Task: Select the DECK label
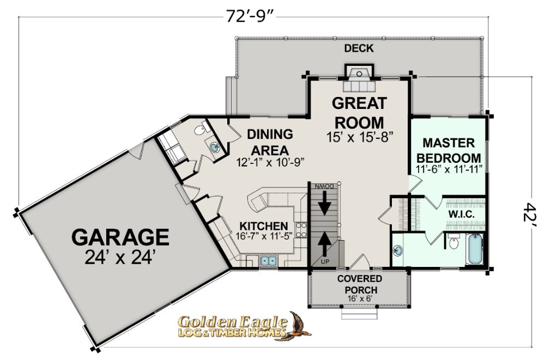tap(359, 48)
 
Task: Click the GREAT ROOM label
tap(359, 113)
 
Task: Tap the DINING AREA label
tap(270, 142)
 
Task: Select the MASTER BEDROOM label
tap(449, 150)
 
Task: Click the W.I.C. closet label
tap(461, 215)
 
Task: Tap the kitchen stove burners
tap(301, 230)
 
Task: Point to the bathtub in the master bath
tap(475, 249)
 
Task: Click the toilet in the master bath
tap(453, 242)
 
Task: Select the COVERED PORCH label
tap(359, 284)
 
